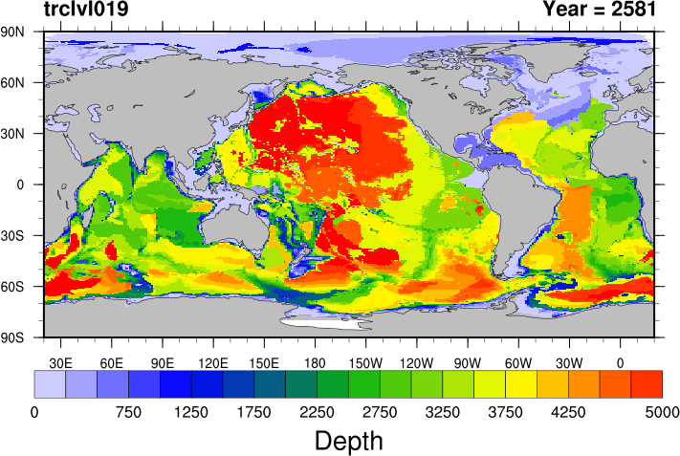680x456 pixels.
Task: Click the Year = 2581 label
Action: [599, 11]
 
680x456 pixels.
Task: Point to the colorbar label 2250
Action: [317, 412]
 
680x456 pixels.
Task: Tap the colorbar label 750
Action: [128, 412]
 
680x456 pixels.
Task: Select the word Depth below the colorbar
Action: [349, 441]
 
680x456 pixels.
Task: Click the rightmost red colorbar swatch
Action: [647, 384]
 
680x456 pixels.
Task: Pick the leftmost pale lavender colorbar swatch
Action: [50, 384]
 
